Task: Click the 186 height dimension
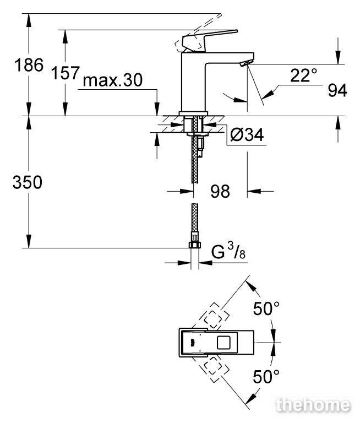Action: [x=29, y=65]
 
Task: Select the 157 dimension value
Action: [x=66, y=73]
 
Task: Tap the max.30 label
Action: [x=113, y=80]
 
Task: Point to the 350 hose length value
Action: [x=28, y=182]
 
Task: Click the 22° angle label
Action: [x=304, y=75]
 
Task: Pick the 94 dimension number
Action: [x=337, y=91]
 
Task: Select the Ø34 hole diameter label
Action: [x=247, y=134]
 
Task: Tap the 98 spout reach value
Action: [x=220, y=191]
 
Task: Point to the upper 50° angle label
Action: [x=266, y=308]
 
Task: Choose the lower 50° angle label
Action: [x=266, y=377]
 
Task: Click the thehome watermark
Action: [x=313, y=405]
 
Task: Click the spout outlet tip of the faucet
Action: [x=247, y=63]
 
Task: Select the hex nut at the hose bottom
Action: [x=194, y=245]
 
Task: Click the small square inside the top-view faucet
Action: [x=223, y=343]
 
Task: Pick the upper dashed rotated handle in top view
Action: [x=213, y=316]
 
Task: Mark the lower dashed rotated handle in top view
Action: [x=213, y=370]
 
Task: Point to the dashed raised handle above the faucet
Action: [x=198, y=33]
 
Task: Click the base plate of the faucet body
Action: [x=194, y=113]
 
